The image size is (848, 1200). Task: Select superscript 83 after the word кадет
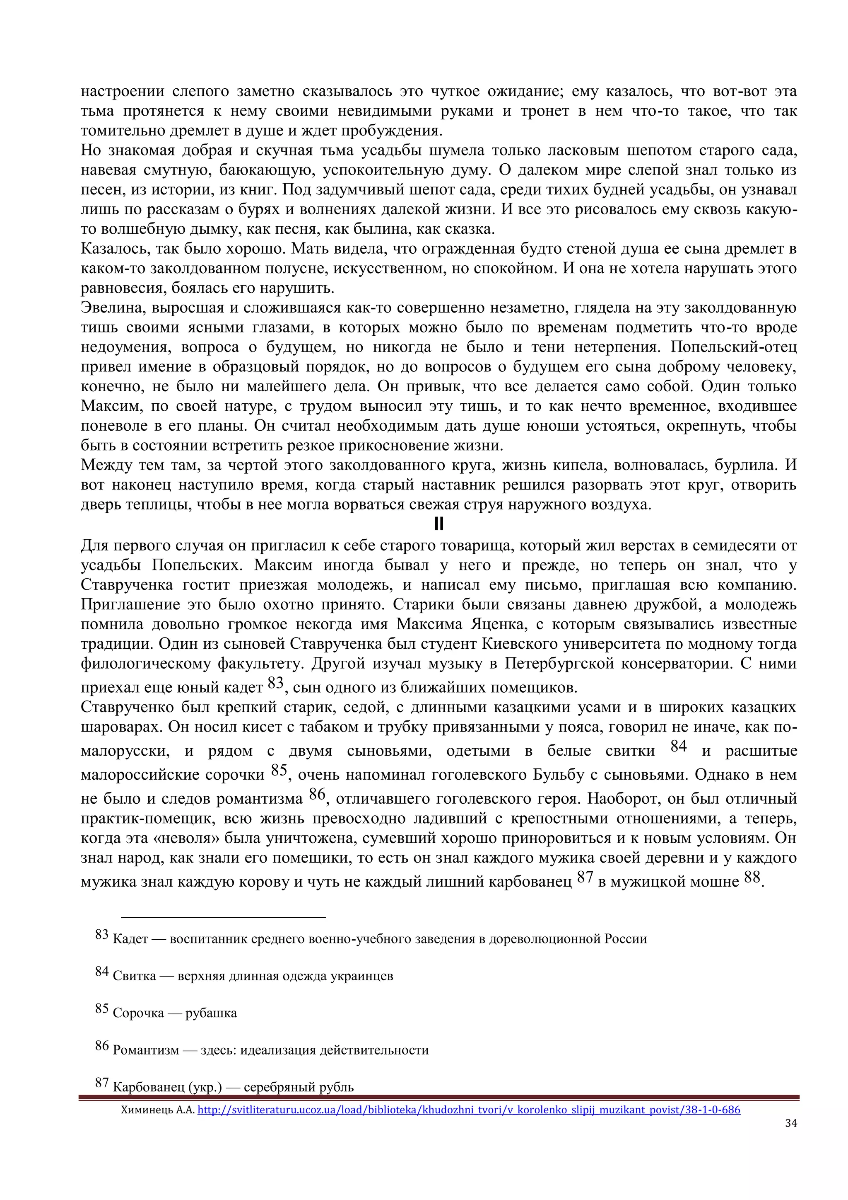coord(275,683)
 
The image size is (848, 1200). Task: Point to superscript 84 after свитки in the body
coord(678,747)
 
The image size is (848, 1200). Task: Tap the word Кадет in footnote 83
coord(130,939)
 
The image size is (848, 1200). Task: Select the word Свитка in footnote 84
coord(134,976)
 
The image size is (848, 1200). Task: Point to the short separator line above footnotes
coord(224,917)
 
